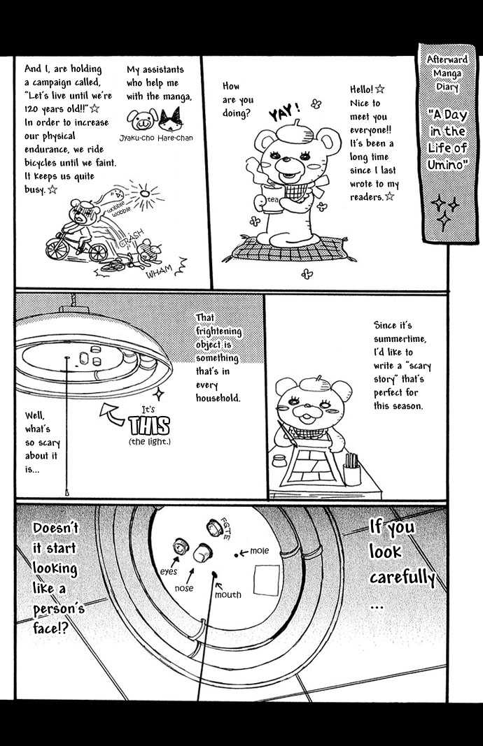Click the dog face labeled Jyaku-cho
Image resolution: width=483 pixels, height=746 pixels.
click(142, 118)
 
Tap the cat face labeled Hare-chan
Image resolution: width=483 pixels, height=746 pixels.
click(171, 119)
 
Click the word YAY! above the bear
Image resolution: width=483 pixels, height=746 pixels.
click(284, 113)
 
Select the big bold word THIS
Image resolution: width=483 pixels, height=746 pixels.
click(149, 426)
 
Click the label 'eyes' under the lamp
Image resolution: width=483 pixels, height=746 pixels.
click(169, 571)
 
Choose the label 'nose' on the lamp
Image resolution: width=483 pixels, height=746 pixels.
click(184, 588)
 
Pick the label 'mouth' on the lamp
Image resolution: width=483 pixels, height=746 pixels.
click(227, 595)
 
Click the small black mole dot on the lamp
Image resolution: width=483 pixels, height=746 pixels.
click(236, 554)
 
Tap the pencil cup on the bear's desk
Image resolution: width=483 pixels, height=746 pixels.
click(353, 470)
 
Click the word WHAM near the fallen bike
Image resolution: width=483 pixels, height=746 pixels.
click(159, 272)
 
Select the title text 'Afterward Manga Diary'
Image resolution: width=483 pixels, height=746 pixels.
click(447, 73)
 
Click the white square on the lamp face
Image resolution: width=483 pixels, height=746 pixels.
click(266, 580)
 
